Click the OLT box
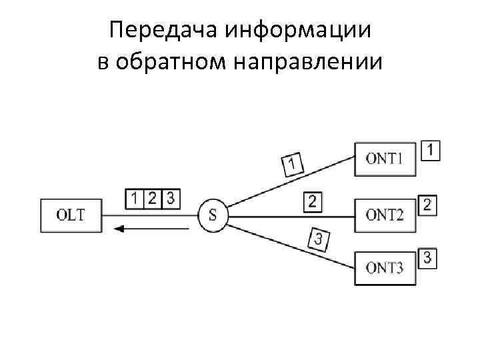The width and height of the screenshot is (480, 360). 71,215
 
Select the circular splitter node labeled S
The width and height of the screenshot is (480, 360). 213,215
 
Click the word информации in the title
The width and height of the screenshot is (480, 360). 298,30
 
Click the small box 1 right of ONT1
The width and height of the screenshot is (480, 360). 431,150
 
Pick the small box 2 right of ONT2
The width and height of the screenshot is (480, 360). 427,205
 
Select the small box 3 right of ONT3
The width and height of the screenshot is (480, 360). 427,259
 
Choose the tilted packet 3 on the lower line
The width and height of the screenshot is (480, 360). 319,239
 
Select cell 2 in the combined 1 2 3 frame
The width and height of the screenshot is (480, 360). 153,198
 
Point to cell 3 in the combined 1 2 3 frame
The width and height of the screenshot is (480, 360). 171,198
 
